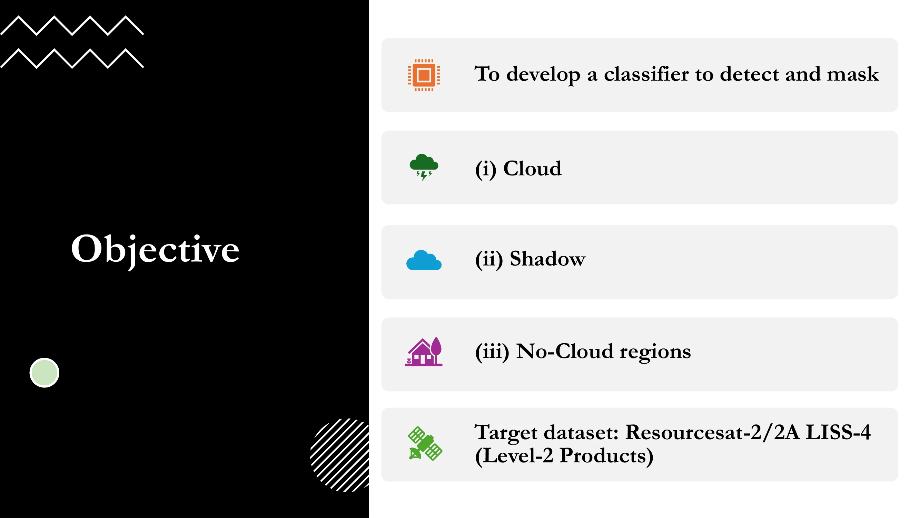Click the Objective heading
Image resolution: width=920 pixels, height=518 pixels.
click(x=155, y=249)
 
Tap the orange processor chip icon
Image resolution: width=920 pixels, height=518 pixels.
click(x=424, y=75)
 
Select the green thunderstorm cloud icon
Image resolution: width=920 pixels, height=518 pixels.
click(x=424, y=167)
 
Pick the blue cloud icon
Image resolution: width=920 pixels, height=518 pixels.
click(x=424, y=260)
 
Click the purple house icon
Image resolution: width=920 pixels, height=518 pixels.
click(x=424, y=352)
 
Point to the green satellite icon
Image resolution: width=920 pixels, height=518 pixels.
click(x=425, y=443)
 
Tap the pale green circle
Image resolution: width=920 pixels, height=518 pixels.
click(x=44, y=373)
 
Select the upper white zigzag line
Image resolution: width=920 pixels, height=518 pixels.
click(x=72, y=26)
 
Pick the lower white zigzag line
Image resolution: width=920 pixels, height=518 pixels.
click(x=72, y=58)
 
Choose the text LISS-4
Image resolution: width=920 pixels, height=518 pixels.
click(x=838, y=432)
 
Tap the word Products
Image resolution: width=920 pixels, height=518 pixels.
click(x=606, y=455)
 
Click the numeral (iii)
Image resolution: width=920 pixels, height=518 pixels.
click(x=492, y=352)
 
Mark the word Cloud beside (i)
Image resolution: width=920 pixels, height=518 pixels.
click(x=532, y=168)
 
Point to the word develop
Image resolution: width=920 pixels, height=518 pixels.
click(x=543, y=75)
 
